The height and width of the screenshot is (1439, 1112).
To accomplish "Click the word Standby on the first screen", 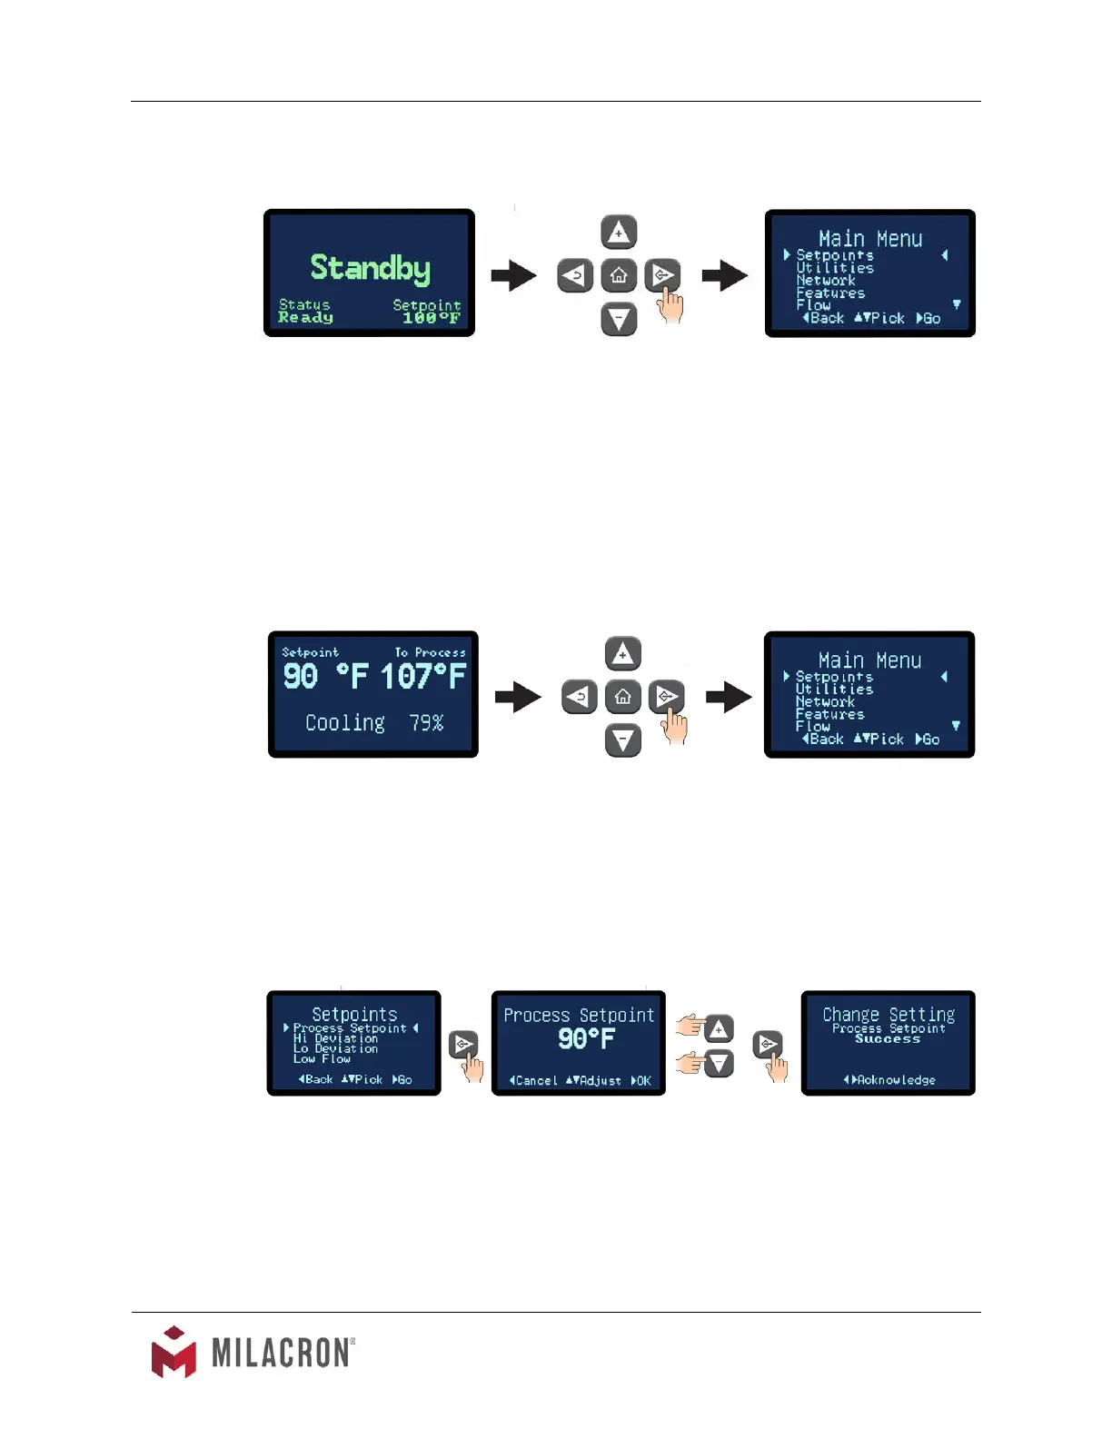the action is [370, 267].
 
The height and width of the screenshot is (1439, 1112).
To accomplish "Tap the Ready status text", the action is [305, 318].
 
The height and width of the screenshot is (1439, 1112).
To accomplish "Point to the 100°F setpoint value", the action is [431, 318].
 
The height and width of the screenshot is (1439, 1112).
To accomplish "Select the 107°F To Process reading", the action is [422, 677].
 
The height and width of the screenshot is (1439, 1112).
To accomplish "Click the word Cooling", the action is [344, 723].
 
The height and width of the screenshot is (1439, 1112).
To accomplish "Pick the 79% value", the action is [426, 723].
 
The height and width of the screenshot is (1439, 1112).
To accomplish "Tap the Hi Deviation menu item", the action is [335, 1038].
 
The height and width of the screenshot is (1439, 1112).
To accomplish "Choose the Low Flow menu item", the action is [322, 1058].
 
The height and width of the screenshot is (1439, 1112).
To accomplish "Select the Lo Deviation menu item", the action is [335, 1048].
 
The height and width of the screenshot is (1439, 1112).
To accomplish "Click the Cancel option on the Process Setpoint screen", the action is [535, 1081].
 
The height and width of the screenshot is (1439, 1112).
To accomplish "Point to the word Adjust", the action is [600, 1081].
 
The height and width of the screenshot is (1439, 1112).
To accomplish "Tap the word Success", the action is [888, 1039].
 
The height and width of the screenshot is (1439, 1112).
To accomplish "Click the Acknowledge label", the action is [895, 1080].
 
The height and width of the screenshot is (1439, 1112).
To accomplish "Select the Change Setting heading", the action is [889, 1014].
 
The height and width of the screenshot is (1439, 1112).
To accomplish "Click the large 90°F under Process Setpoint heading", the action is [586, 1039].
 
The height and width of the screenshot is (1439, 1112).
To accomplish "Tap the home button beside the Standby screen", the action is [619, 275].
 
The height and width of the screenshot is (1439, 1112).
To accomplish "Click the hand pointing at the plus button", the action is [691, 1027].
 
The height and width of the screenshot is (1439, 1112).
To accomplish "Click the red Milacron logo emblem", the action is [174, 1352].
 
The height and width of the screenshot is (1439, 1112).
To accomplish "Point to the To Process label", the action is [430, 652].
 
